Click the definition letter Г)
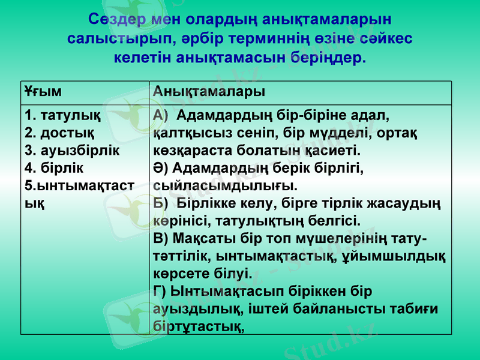coord(160,292)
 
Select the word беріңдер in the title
coord(327,59)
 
